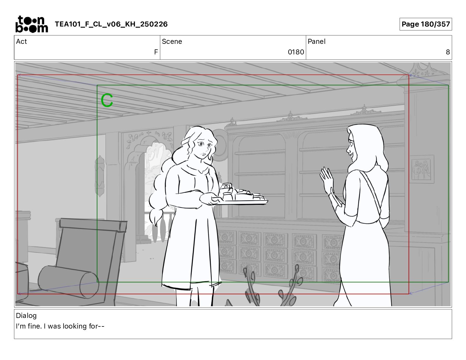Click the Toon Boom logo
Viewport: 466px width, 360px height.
tap(32, 24)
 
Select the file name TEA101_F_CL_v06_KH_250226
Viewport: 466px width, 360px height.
tap(111, 24)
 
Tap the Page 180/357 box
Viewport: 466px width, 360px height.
tap(425, 24)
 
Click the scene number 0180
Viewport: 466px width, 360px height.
tap(296, 52)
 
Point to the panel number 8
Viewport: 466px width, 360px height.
tap(448, 52)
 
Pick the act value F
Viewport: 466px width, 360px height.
tap(156, 52)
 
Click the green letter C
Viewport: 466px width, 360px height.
tap(107, 100)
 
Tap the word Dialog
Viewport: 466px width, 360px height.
tap(26, 315)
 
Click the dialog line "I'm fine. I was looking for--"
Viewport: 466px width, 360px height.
tap(60, 326)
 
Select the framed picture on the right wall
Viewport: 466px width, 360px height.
tap(422, 169)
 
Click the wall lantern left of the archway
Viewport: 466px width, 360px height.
tap(99, 176)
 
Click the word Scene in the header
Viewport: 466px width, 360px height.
tap(172, 41)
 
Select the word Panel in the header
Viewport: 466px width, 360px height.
tap(317, 41)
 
